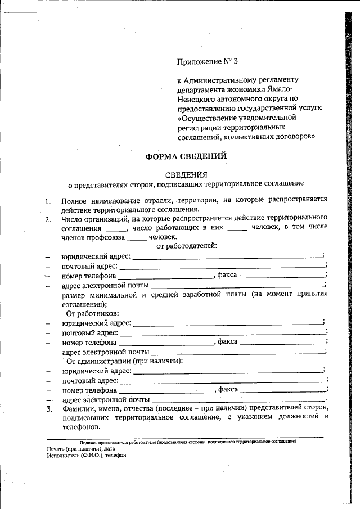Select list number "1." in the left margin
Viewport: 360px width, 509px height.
(48, 201)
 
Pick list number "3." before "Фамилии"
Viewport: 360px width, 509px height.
(49, 408)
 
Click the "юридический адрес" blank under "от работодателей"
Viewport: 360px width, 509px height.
(228, 257)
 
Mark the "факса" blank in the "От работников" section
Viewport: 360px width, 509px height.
(282, 342)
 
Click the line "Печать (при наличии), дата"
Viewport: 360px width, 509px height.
(81, 449)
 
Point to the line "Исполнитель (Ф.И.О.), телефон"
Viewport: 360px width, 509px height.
(87, 456)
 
